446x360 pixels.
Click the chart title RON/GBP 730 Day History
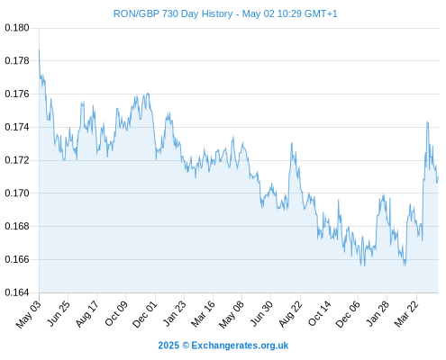pos(173,13)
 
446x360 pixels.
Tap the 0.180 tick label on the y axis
pos(17,28)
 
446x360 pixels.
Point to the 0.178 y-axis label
pos(17,61)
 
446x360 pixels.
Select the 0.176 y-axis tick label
pos(17,94)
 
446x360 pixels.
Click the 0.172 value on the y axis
pos(17,160)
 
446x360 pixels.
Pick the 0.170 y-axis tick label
pos(17,193)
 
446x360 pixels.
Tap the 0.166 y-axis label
pos(17,259)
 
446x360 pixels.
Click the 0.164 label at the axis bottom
pos(17,292)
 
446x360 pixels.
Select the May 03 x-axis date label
pos(29,314)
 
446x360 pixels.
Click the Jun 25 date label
pos(59,313)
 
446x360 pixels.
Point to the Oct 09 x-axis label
pos(116,313)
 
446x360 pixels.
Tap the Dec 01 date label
pos(145,314)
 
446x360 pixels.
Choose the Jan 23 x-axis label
pos(175,313)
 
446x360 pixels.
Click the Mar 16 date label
pos(204,314)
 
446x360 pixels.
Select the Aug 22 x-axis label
pos(290,314)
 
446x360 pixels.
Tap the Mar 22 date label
pos(406,314)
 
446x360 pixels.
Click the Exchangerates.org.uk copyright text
pos(240,346)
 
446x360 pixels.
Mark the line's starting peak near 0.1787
pos(39,49)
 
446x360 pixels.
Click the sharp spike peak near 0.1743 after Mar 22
pos(427,121)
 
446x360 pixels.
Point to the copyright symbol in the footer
pos(186,346)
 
